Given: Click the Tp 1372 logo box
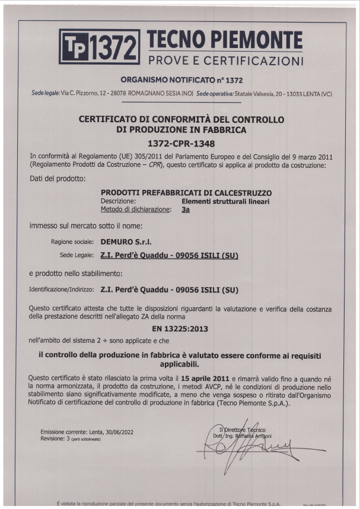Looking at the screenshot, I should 99,46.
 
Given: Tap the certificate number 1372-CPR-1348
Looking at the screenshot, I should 180,144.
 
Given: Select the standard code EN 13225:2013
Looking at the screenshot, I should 180,328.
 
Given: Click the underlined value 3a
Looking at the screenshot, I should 185,209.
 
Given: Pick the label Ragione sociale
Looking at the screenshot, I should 72,242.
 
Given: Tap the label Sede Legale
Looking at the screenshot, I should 74,256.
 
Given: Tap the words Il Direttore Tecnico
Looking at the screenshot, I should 242,430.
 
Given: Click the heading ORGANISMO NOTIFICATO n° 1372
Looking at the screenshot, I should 181,80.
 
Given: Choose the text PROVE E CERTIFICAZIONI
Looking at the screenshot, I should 225,61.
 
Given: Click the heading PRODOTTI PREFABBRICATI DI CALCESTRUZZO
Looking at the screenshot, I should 186,193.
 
